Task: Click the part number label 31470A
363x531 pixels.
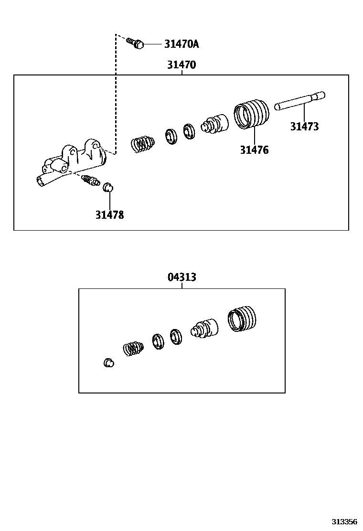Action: (x=181, y=44)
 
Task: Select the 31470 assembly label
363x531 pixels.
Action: (x=181, y=65)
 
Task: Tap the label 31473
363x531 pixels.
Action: (x=304, y=127)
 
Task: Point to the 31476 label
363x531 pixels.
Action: (x=254, y=150)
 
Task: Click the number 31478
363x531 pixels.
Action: (x=109, y=215)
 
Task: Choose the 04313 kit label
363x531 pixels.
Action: (x=182, y=277)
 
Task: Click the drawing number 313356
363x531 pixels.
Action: (x=345, y=521)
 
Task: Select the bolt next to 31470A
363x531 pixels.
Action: (x=136, y=44)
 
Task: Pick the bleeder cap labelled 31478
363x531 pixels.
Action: (x=108, y=187)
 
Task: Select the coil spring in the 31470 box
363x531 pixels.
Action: (x=142, y=143)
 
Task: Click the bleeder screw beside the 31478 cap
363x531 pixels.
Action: (x=90, y=181)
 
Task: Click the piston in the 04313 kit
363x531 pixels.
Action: (x=204, y=328)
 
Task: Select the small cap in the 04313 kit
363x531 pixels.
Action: (x=108, y=363)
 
